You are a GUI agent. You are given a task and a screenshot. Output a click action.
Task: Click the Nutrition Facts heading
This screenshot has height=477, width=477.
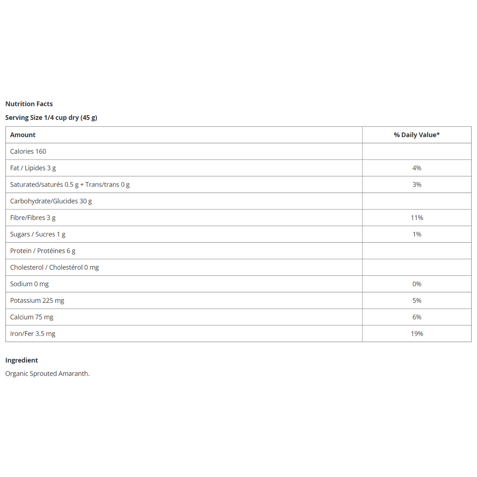point(29,104)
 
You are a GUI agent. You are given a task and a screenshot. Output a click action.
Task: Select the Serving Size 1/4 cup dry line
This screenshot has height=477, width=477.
point(51,118)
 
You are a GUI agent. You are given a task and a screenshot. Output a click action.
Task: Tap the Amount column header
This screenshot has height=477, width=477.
point(23,135)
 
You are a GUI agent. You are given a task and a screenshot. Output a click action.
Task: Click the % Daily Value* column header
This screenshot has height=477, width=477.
point(417,135)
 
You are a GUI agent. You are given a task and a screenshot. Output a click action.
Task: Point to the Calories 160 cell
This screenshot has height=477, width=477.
point(28,151)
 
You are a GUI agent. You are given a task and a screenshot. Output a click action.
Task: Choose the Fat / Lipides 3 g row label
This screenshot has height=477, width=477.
point(33,168)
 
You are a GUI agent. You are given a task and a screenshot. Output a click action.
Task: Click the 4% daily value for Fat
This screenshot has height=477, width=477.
point(417,168)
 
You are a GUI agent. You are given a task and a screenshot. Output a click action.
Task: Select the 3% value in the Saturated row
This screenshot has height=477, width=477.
point(417,184)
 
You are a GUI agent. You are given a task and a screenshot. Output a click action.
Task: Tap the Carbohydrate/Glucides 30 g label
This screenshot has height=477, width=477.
point(51,201)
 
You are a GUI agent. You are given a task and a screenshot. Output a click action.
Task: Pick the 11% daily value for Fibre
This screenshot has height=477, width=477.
point(417,218)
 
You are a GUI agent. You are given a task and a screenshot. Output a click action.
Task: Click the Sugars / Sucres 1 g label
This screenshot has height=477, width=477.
point(38,234)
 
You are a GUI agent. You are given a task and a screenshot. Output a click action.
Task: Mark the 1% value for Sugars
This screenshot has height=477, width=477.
point(417,234)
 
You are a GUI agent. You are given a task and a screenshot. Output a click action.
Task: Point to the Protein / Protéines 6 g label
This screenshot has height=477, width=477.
point(43,251)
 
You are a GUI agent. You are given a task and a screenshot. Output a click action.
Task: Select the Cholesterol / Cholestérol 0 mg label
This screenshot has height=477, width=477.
point(54,268)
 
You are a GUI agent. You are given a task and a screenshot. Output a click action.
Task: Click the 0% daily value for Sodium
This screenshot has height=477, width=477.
point(417,284)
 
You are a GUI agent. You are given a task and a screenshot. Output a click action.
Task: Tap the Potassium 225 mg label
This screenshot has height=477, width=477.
point(37,301)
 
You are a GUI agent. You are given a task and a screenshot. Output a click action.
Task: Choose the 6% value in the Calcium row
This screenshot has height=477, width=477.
point(417,317)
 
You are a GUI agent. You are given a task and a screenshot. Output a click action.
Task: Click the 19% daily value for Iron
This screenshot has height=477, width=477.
point(417,334)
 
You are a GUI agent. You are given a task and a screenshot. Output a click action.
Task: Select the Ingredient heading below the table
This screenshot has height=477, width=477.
point(21,360)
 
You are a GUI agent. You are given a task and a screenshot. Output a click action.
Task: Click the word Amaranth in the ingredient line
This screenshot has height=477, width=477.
point(74,374)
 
